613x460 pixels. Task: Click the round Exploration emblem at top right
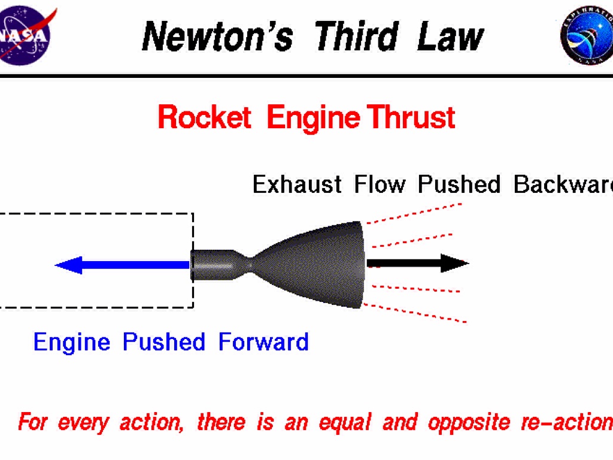[x=586, y=36]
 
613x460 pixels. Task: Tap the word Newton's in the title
[x=217, y=36]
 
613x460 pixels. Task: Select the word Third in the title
[x=356, y=36]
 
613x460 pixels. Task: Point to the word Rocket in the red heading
[x=204, y=117]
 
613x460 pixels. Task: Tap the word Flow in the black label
[x=380, y=184]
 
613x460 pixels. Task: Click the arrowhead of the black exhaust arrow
[x=454, y=263]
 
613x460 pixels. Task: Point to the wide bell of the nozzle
[x=323, y=264]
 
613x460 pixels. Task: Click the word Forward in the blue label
[x=263, y=343]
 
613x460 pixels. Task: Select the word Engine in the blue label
[x=72, y=343]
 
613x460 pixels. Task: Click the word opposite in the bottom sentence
[x=464, y=423]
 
